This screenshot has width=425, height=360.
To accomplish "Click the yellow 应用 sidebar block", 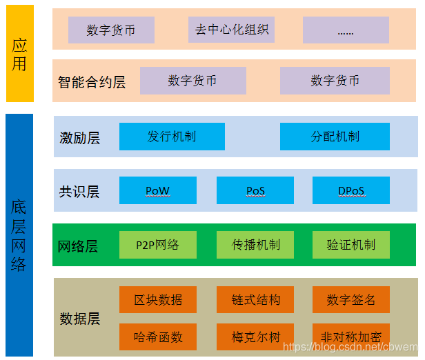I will [19, 54].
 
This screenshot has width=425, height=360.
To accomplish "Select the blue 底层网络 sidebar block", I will [19, 235].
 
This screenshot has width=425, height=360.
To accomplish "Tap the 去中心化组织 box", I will [231, 30].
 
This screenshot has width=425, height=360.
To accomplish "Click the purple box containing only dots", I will [346, 30].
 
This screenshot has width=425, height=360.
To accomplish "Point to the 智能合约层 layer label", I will [92, 82].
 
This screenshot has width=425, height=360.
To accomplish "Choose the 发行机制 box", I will [172, 137].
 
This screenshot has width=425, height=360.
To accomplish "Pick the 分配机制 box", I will [335, 137].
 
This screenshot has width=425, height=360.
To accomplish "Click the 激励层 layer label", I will [79, 138].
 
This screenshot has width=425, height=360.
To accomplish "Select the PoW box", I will [158, 190].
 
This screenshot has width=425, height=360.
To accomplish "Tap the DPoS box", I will [351, 190].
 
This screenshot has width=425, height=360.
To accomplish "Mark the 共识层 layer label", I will [79, 192].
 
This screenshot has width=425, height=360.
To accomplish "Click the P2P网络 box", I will [158, 245].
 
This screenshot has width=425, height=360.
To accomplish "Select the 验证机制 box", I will [351, 245].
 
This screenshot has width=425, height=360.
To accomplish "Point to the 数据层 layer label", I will [79, 319].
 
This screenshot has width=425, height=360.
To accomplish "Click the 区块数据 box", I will [158, 300].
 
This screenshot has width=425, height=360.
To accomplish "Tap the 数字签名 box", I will [351, 300].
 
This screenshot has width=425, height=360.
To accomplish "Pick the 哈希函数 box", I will [158, 337].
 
